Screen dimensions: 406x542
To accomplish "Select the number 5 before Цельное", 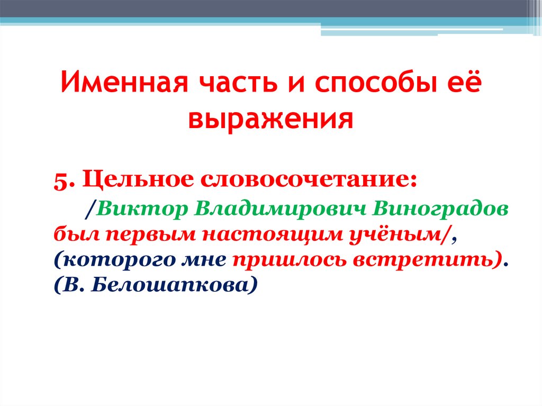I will pos(59,180).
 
